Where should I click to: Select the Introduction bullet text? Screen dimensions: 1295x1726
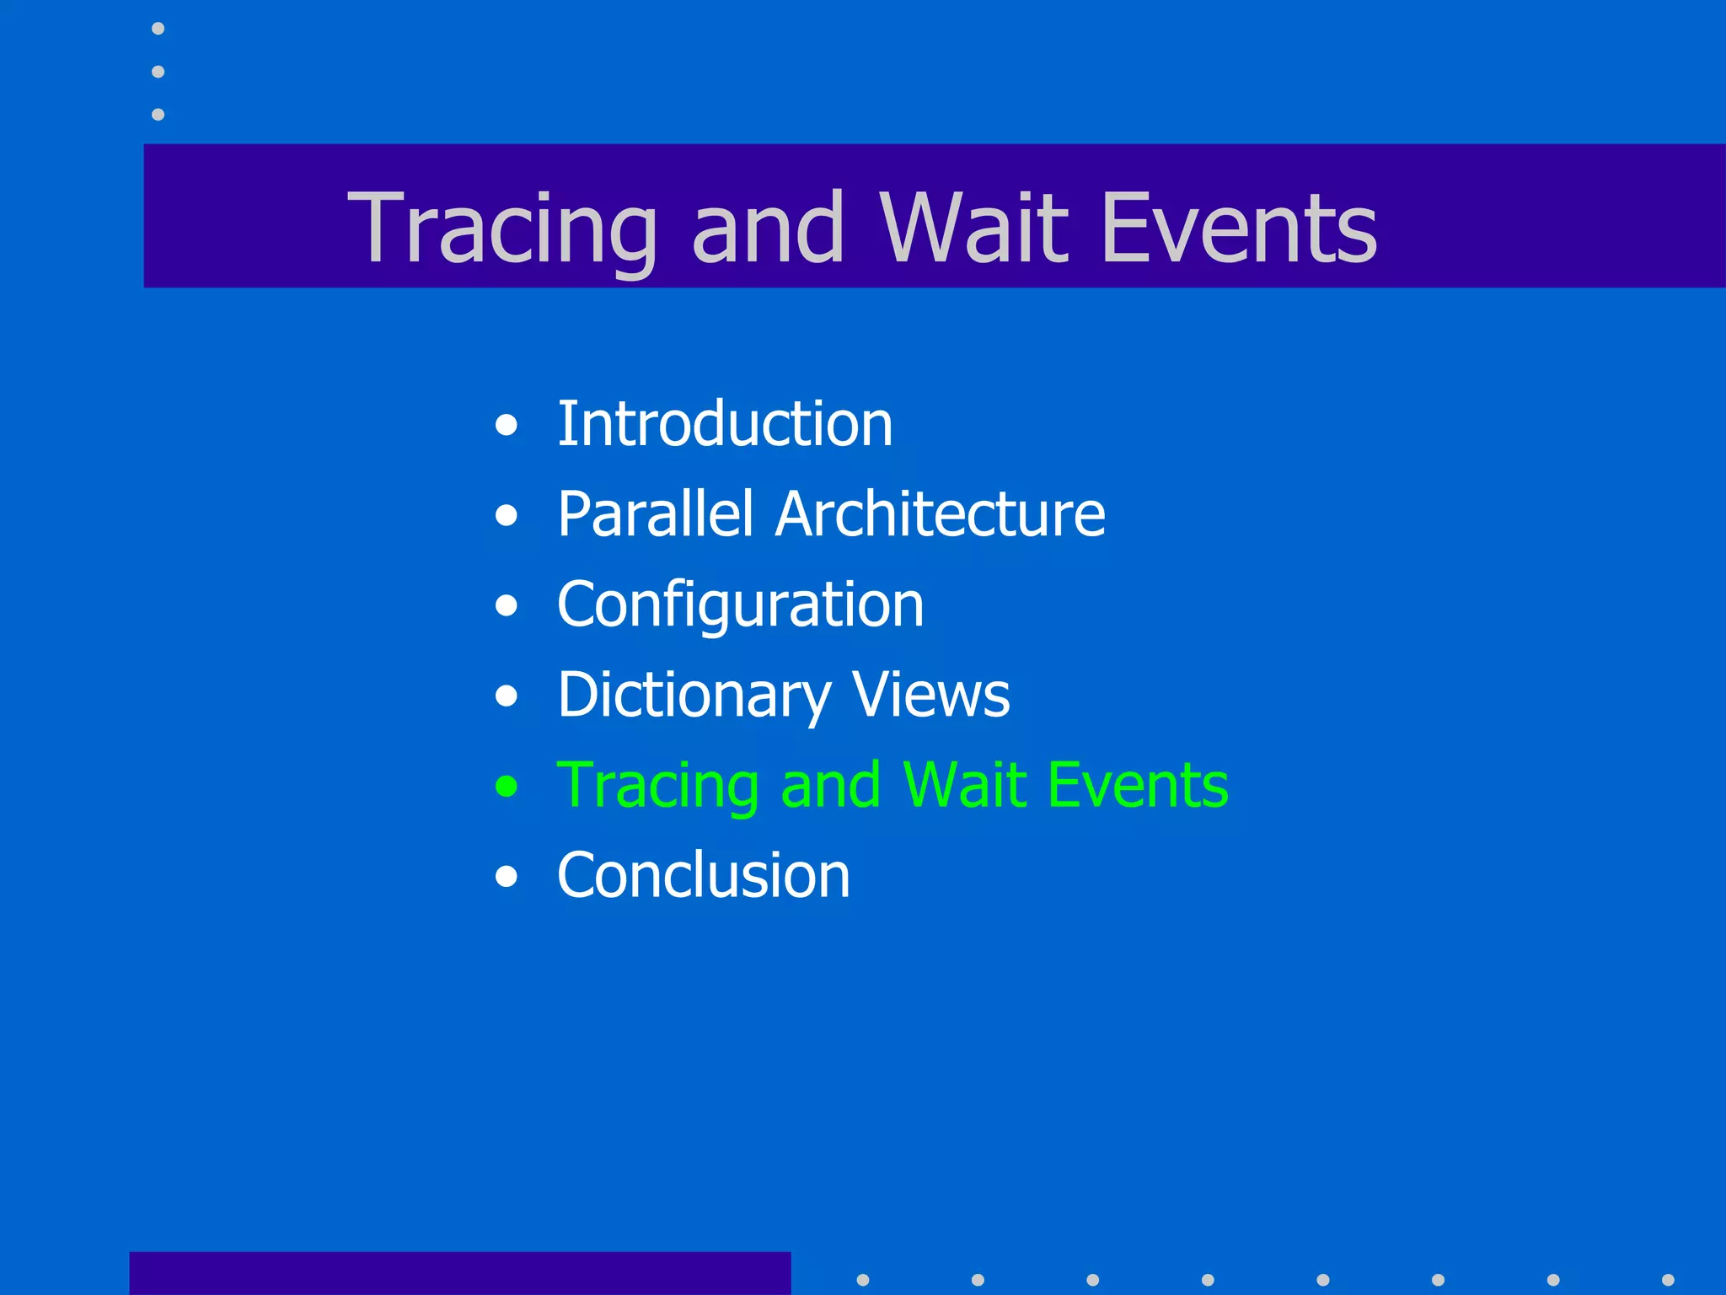tap(725, 423)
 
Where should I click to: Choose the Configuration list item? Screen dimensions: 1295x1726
tap(740, 605)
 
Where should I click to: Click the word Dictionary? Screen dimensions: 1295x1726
tap(694, 696)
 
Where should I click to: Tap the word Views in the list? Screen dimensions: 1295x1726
tap(930, 696)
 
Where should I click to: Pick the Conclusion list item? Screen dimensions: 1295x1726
tap(704, 875)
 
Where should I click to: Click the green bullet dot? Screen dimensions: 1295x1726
tap(507, 787)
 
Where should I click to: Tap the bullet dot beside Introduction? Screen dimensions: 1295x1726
tap(507, 425)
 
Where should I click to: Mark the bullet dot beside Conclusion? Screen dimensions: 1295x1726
tap(507, 877)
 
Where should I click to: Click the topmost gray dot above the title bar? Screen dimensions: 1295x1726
tap(158, 29)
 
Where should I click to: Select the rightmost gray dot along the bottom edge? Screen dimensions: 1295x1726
tap(1668, 1280)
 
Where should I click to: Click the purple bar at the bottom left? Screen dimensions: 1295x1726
tap(459, 1273)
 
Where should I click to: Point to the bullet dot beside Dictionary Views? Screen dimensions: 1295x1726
tap(507, 696)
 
